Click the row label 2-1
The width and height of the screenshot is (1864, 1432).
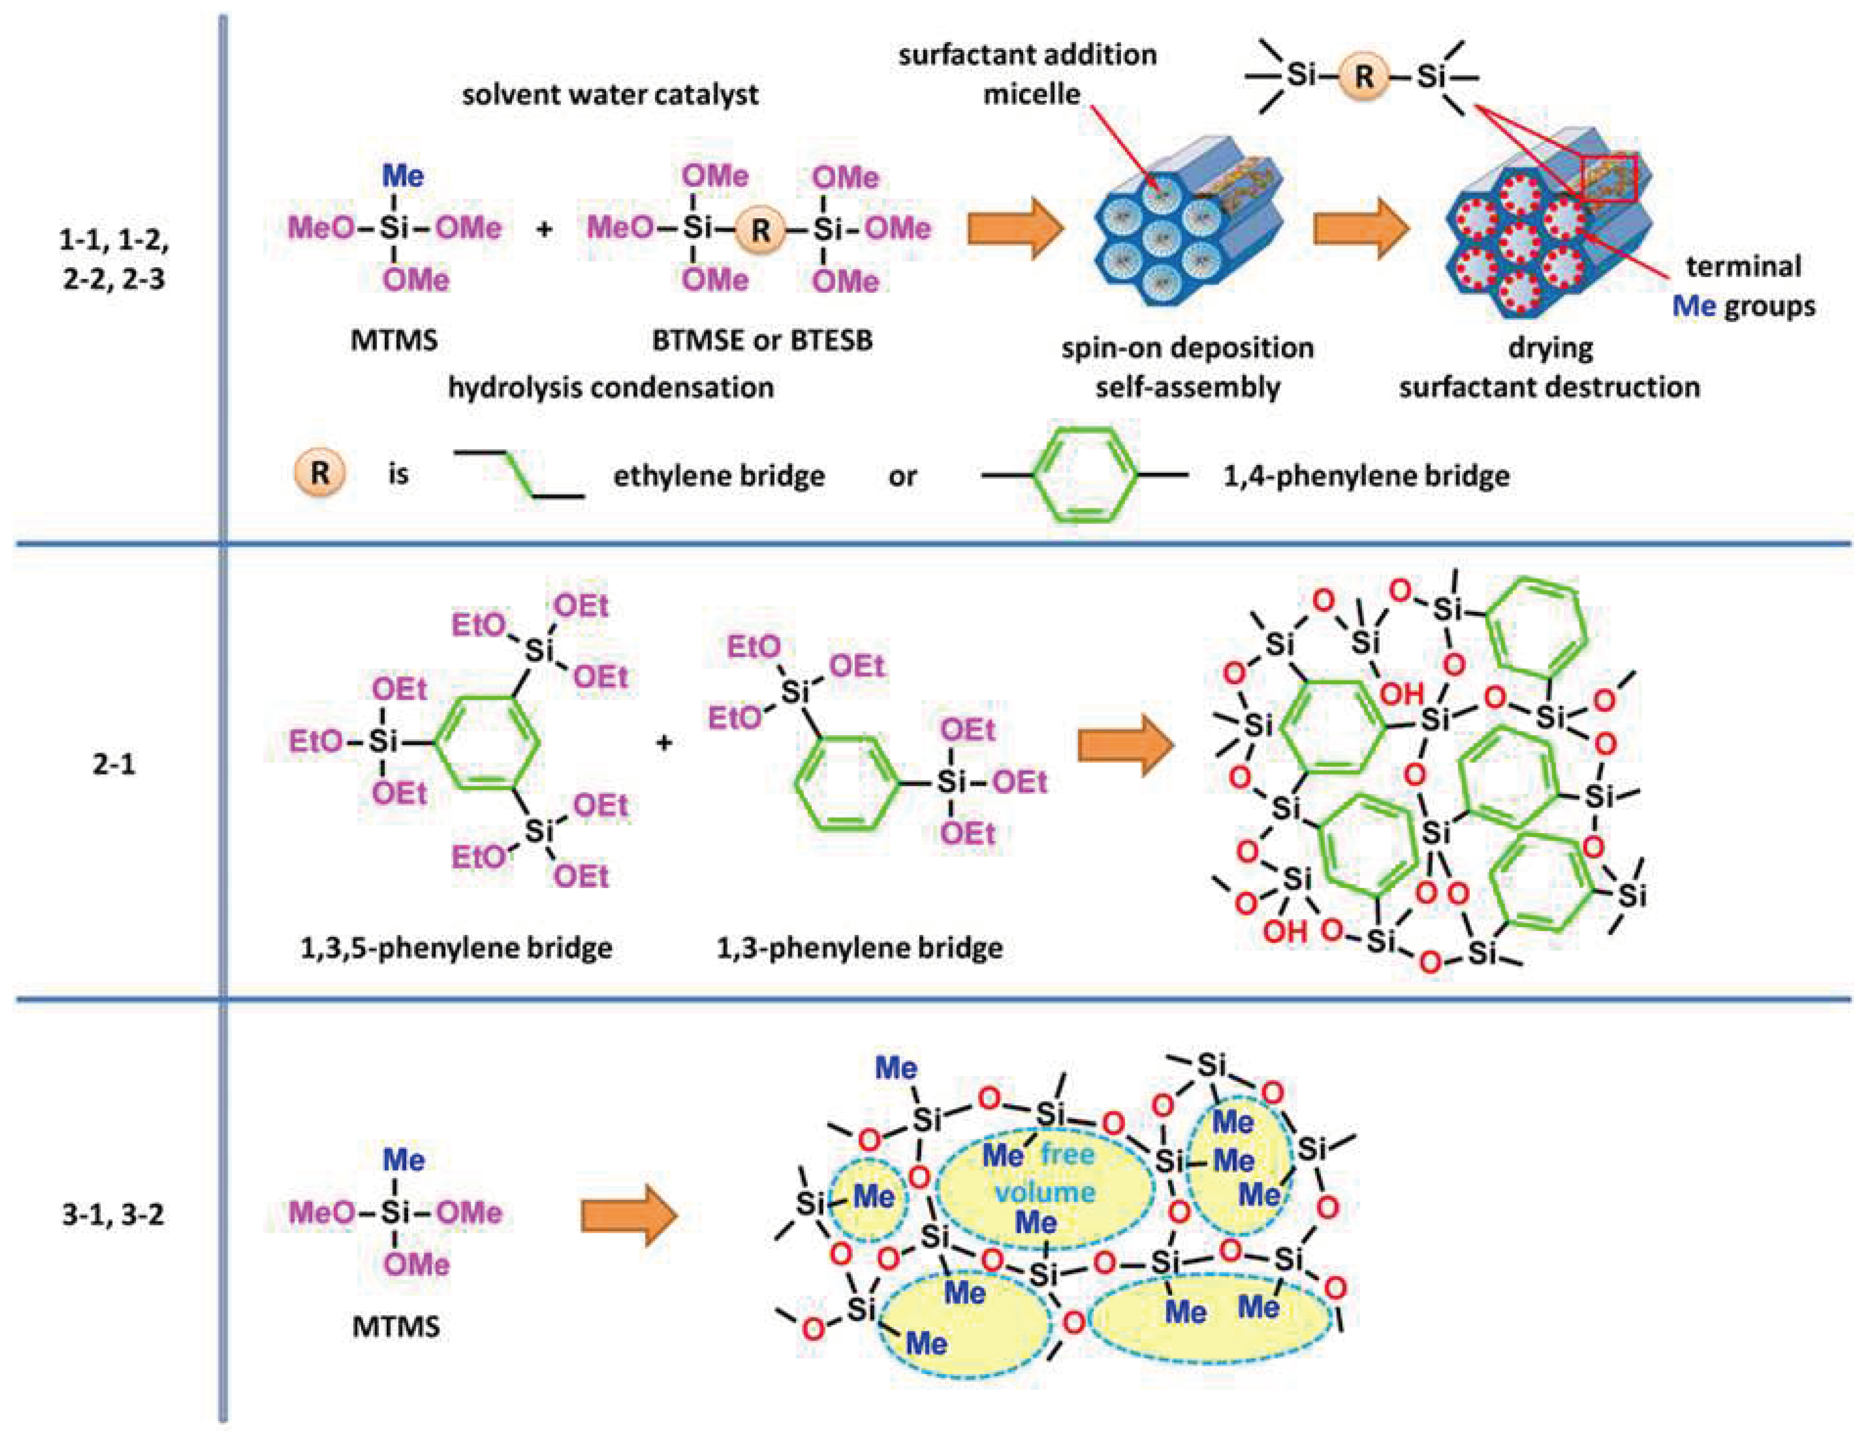pos(113,764)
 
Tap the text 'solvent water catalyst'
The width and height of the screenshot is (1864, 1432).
pos(611,94)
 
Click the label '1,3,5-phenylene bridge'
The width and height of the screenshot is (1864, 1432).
pos(456,948)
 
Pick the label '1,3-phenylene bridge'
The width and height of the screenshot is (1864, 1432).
pos(859,948)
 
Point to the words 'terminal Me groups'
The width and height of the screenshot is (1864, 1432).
pos(1743,286)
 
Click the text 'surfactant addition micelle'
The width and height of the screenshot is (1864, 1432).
pos(1028,74)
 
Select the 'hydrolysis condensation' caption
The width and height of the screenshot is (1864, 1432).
pos(611,388)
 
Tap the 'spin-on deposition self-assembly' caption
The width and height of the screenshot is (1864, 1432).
pos(1187,368)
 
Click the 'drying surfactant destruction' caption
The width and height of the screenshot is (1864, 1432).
pos(1549,368)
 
